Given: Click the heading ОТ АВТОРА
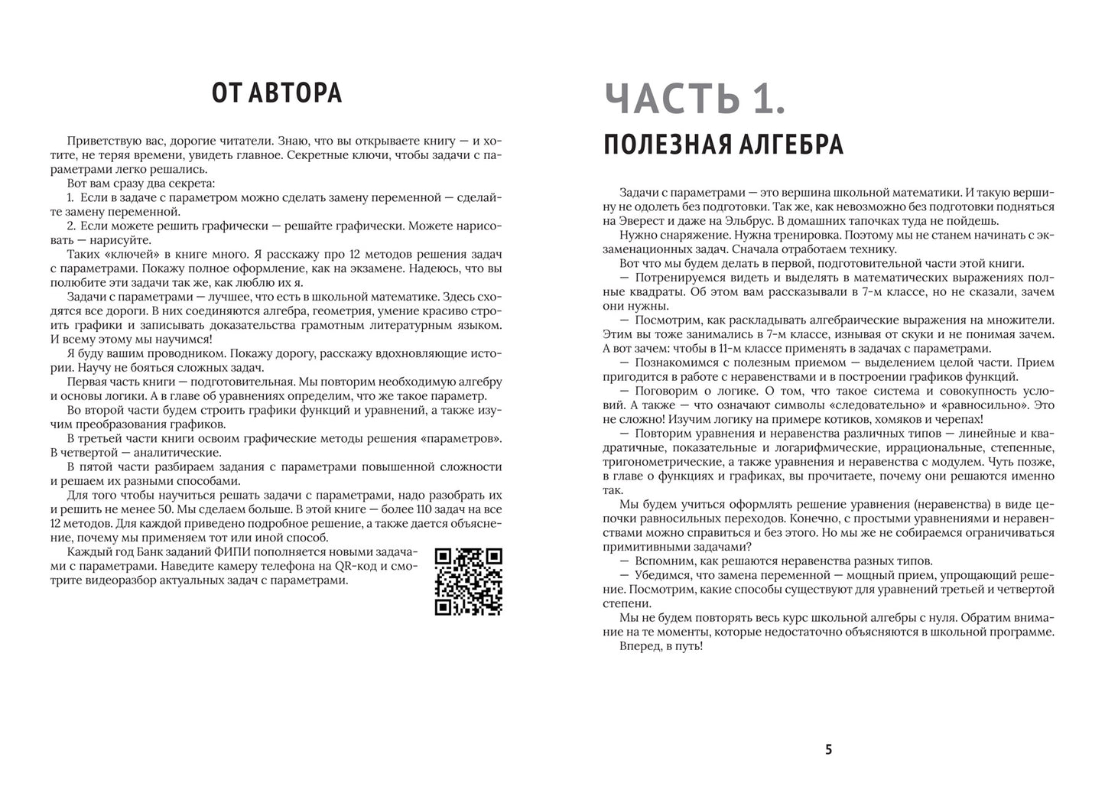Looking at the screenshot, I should coord(276,93).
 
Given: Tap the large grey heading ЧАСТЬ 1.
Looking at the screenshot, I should coord(694,100).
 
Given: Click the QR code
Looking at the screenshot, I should coord(468,581).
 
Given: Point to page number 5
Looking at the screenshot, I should coord(828,749).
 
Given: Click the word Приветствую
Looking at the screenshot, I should coord(102,141).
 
